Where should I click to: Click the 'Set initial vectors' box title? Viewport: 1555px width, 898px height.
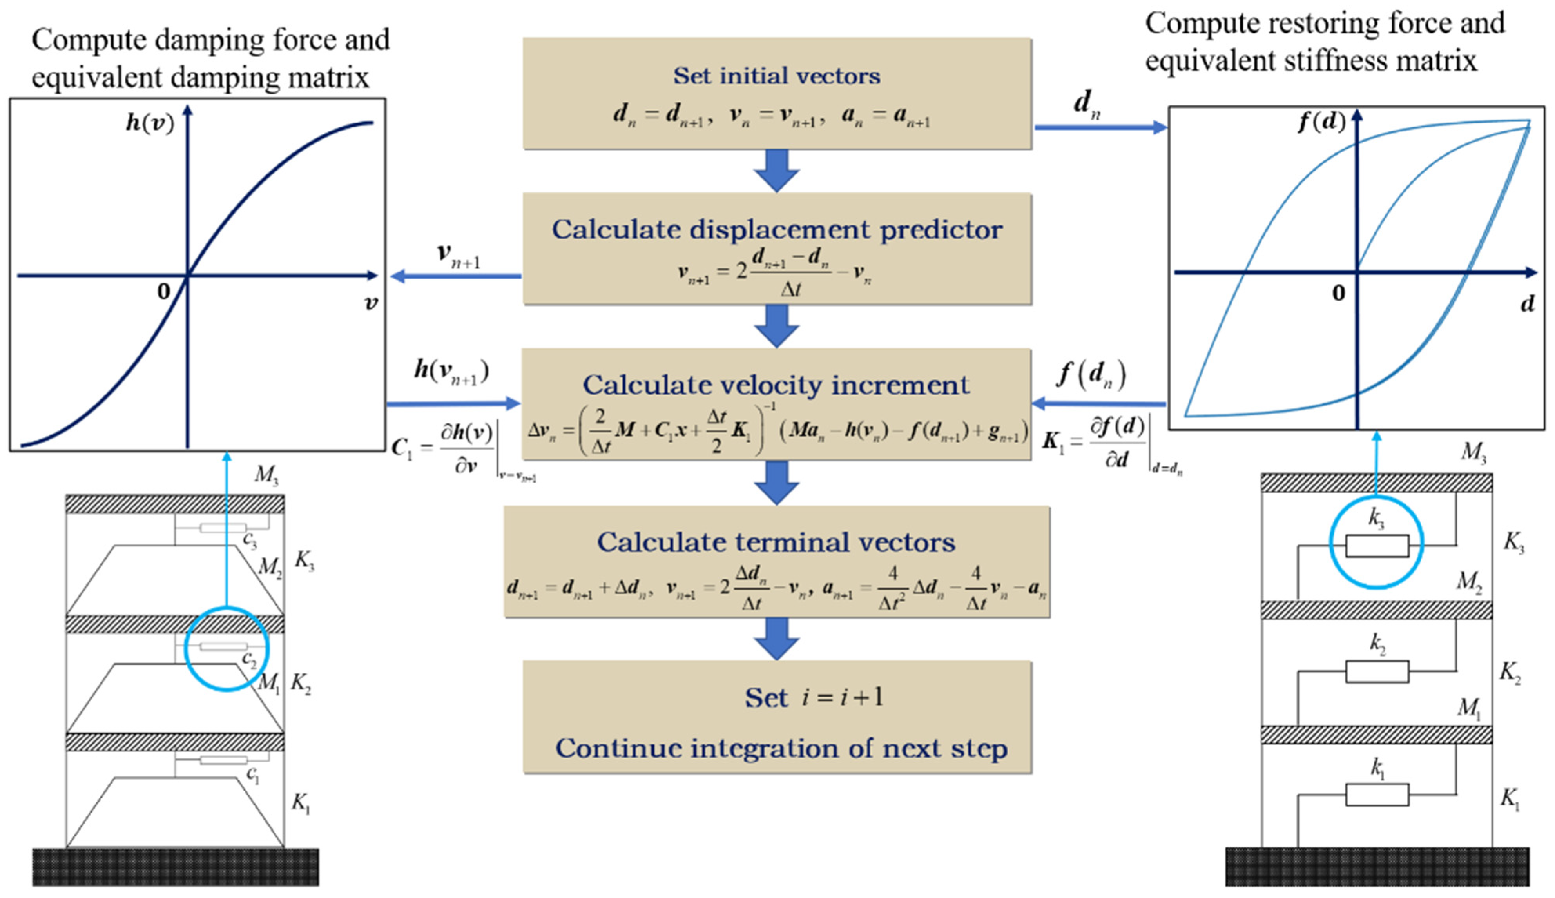[x=776, y=76]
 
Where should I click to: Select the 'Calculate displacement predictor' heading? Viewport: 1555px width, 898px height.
[x=776, y=229]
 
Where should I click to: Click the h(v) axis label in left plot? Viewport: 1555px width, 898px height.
[x=150, y=123]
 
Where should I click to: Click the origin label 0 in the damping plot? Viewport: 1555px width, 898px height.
[x=163, y=291]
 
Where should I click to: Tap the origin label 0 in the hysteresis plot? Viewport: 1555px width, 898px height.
[x=1338, y=293]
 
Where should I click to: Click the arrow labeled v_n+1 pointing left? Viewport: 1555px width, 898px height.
[x=456, y=276]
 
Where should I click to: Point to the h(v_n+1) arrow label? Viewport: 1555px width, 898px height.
[x=451, y=372]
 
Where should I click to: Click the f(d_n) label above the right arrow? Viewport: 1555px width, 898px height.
[x=1091, y=374]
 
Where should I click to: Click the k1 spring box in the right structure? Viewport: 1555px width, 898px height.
[x=1376, y=795]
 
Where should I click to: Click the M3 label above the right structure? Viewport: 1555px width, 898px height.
[x=1473, y=452]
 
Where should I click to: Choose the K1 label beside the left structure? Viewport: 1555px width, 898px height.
[x=301, y=803]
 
